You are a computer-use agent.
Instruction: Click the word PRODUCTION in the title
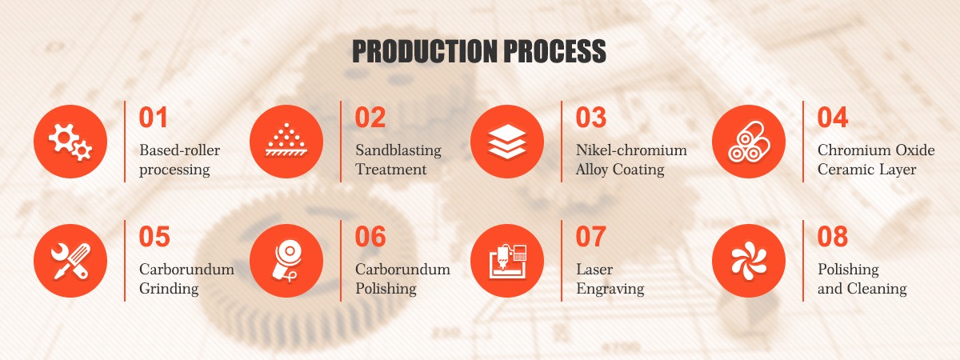coord(425,51)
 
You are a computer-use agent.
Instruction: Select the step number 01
coord(153,118)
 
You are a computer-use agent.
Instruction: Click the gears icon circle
coord(70,142)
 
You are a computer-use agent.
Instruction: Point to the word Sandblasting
coord(398,150)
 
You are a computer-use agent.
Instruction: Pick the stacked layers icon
coord(507,142)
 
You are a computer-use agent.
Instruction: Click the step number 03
coord(590,118)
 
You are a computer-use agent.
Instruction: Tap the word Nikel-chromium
coord(631,150)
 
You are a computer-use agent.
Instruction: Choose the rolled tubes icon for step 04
coord(749,142)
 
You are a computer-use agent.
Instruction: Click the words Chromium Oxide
coord(876,150)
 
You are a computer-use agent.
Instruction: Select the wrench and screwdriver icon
coord(70,261)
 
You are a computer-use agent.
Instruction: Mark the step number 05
coord(154,237)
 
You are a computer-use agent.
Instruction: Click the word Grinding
coord(169,289)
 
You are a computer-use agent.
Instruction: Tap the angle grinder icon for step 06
coord(286,261)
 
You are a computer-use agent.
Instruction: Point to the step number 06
coord(370,237)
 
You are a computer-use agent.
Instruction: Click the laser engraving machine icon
coord(507,261)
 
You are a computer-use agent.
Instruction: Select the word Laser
coord(594,269)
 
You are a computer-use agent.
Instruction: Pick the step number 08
coord(833,237)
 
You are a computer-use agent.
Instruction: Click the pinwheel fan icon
coord(749,261)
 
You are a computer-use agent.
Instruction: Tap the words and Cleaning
coord(862,289)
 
